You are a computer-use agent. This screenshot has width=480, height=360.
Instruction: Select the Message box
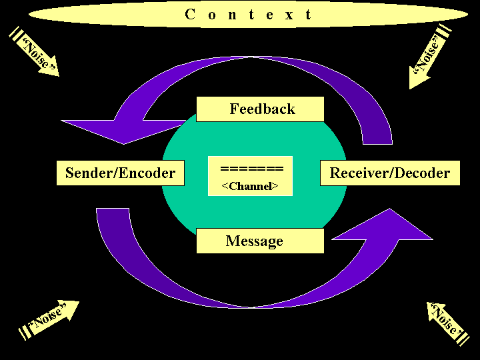click(x=260, y=241)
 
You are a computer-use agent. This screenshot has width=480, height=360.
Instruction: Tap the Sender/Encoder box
click(x=120, y=173)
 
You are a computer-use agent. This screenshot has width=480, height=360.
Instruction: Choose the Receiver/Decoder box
click(x=390, y=173)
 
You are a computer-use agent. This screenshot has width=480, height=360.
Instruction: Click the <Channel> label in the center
click(x=250, y=187)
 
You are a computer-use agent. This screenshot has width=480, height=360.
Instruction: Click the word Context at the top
click(x=248, y=15)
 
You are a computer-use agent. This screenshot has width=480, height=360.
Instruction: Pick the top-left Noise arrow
click(x=36, y=53)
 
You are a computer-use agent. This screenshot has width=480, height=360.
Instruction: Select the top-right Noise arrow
click(x=427, y=58)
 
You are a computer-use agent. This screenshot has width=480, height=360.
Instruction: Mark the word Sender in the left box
click(x=89, y=173)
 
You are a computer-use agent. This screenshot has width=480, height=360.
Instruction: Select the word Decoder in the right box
click(x=421, y=173)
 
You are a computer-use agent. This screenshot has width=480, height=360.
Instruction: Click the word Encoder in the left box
click(x=147, y=173)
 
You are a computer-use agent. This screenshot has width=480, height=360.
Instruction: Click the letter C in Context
click(x=190, y=15)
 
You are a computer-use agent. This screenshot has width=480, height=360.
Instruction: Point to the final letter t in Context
click(x=308, y=15)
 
